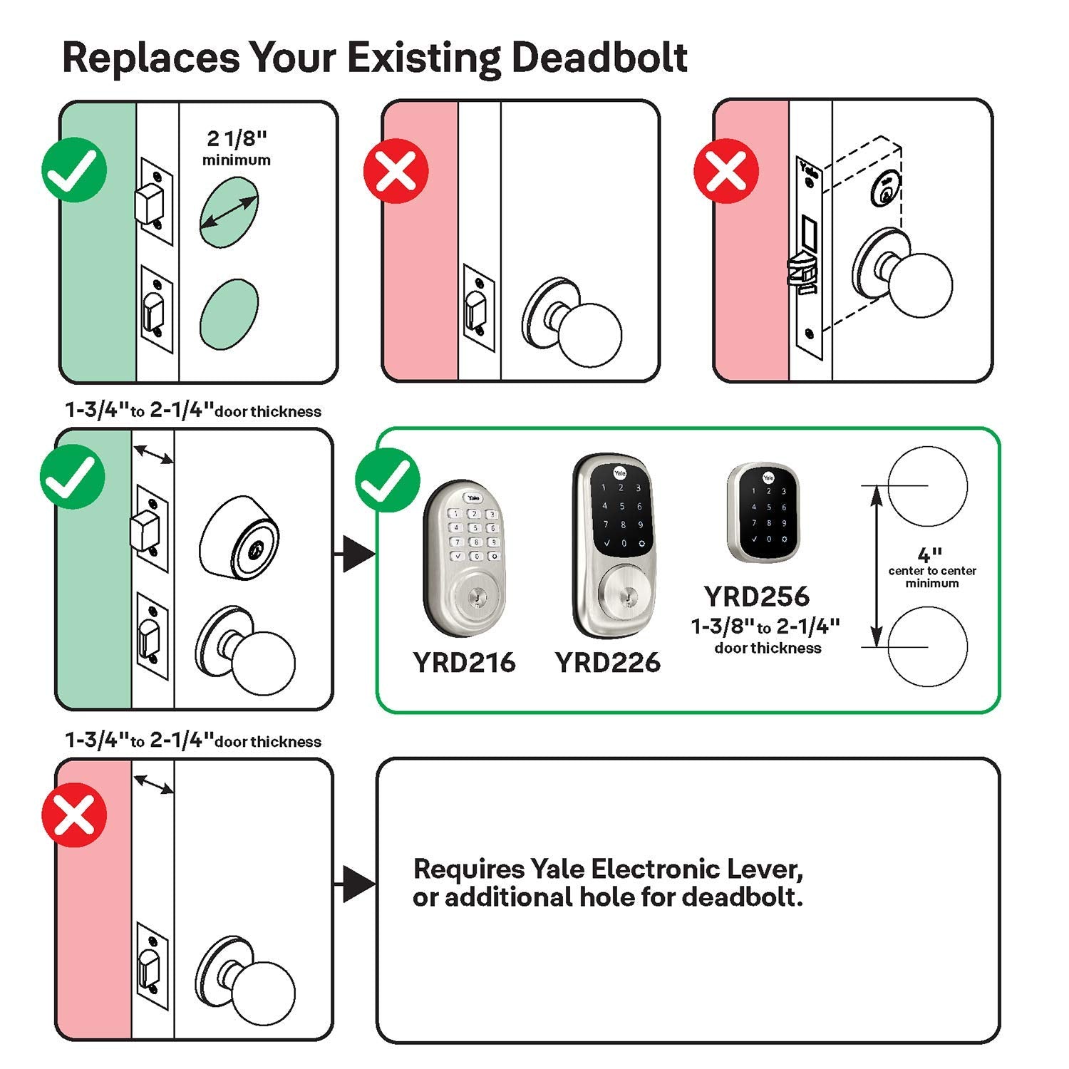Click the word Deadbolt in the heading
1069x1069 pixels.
[599, 57]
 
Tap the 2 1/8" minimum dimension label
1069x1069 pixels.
[236, 148]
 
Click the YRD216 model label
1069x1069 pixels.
[464, 662]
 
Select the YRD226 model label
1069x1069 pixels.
[608, 662]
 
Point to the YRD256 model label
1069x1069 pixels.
[757, 596]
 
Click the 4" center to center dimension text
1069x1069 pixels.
[931, 567]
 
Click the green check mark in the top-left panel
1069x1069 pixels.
[74, 171]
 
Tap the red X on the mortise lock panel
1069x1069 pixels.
[726, 171]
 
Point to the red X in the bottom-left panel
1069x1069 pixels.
[74, 815]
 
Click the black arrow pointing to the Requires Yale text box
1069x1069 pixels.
[358, 884]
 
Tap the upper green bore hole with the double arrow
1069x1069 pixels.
[229, 212]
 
